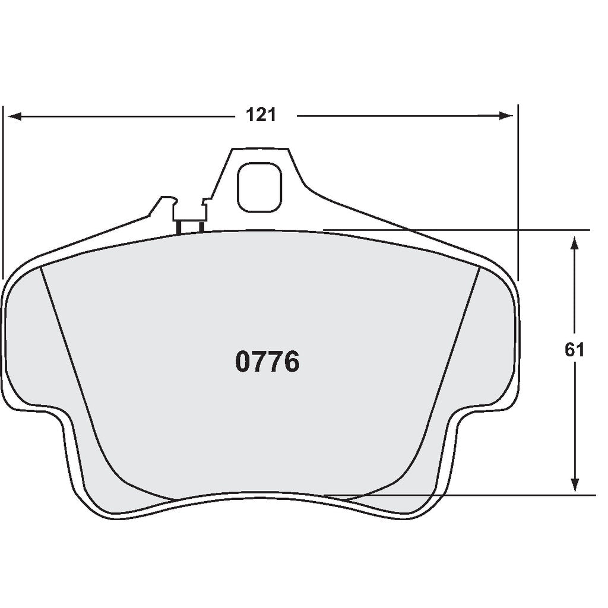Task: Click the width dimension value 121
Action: tap(261, 115)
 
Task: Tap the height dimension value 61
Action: tap(574, 350)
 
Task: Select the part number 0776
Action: tap(267, 362)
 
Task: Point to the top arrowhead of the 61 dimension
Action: tap(574, 244)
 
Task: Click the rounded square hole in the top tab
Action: tap(259, 186)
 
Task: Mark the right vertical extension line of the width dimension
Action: tap(518, 190)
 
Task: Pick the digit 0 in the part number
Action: tap(244, 362)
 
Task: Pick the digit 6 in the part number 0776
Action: tap(291, 362)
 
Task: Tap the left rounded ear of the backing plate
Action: tap(24, 344)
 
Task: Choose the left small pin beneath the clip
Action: tap(178, 227)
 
